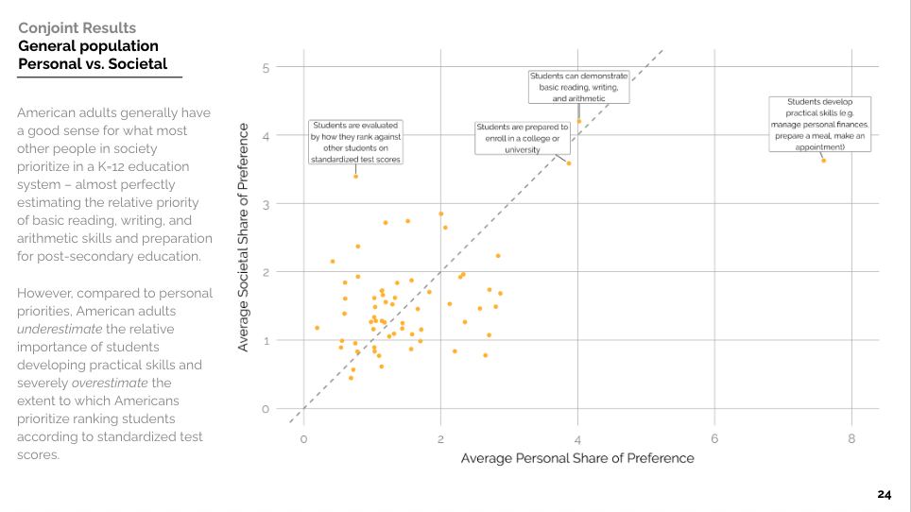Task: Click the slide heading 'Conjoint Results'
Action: click(x=77, y=27)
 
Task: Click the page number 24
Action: click(x=885, y=495)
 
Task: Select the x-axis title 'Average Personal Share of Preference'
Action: click(x=577, y=458)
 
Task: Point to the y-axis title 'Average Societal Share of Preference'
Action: click(x=243, y=237)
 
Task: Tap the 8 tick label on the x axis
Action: click(x=851, y=439)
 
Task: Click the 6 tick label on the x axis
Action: click(x=714, y=439)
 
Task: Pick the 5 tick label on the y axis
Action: click(x=266, y=68)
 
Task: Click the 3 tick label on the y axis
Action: click(x=266, y=204)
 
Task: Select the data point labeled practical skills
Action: click(x=823, y=161)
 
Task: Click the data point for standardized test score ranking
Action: click(x=355, y=177)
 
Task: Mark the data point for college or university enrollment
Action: click(x=569, y=163)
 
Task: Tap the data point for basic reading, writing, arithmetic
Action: click(x=579, y=121)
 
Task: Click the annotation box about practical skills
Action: click(x=819, y=125)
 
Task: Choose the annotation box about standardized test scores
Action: click(x=355, y=143)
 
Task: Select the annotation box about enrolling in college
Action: click(x=523, y=138)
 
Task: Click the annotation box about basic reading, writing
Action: click(x=578, y=87)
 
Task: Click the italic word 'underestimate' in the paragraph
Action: click(x=60, y=329)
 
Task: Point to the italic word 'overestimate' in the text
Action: click(x=110, y=384)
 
